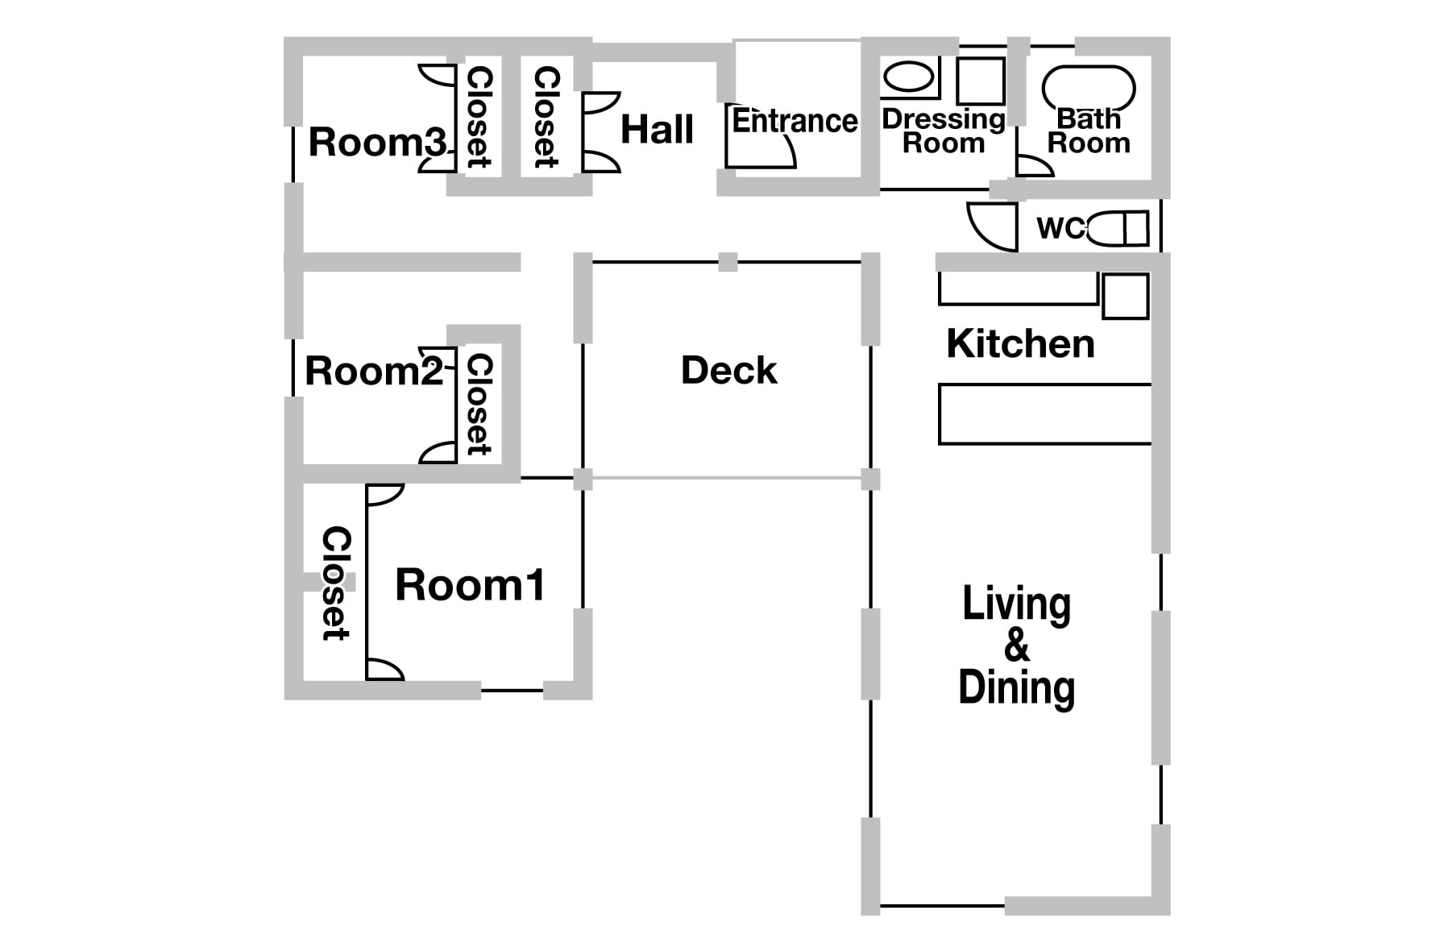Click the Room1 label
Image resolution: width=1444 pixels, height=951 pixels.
click(471, 585)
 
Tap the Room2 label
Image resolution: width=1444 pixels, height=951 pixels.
click(375, 372)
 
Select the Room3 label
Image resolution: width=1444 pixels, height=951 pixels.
click(377, 143)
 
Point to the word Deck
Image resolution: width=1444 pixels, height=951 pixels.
click(729, 371)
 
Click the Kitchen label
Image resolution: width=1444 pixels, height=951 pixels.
click(1021, 344)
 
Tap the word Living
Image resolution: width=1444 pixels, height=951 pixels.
click(1017, 604)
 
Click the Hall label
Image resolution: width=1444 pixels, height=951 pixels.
click(658, 130)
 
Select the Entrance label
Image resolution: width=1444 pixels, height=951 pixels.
click(795, 122)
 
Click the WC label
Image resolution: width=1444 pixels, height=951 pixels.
click(1061, 228)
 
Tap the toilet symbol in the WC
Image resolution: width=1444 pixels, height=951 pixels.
click(1117, 228)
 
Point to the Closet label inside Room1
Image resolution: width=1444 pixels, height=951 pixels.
click(336, 583)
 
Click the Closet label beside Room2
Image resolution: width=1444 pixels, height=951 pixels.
click(479, 405)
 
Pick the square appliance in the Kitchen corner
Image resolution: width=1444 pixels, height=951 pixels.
click(1125, 296)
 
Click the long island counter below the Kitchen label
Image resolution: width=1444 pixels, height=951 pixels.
click(1045, 414)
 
